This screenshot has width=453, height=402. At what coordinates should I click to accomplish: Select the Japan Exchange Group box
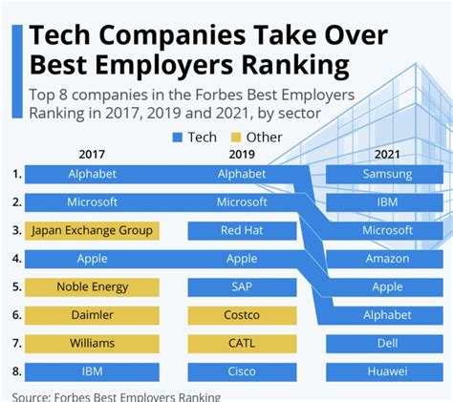tap(92, 230)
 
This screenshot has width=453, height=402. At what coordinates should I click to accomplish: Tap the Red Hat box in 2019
tap(242, 230)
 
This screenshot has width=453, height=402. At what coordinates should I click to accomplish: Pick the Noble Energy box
tap(92, 286)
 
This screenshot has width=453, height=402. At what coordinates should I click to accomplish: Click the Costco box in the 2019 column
tap(242, 314)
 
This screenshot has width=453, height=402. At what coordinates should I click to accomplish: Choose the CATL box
tap(242, 342)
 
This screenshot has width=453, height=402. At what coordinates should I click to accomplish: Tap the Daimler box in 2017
tap(92, 314)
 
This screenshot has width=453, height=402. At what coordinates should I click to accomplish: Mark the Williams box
tap(92, 342)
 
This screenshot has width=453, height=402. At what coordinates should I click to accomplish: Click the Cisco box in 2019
tap(242, 370)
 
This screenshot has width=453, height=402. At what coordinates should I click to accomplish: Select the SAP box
tap(242, 286)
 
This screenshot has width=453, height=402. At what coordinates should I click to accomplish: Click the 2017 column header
tap(92, 153)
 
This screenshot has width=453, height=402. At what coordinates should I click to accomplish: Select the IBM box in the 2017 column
tap(92, 370)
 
